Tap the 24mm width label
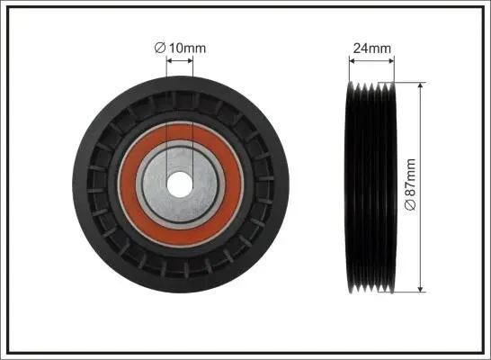point(372,49)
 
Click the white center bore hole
point(180,184)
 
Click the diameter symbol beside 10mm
point(160,49)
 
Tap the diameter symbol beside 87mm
point(410,204)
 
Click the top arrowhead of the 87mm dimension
point(421,85)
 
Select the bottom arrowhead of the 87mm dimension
point(421,289)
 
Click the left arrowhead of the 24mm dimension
point(352,60)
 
